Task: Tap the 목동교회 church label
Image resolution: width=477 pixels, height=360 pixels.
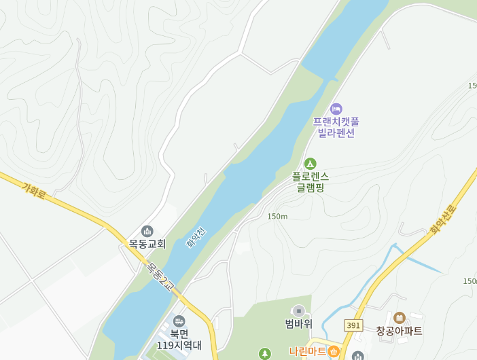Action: [x=147, y=243]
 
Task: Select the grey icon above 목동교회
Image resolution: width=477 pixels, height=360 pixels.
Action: [x=147, y=231]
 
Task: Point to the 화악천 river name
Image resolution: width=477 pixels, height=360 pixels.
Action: [x=196, y=237]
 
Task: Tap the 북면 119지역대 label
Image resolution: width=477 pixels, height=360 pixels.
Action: [x=179, y=339]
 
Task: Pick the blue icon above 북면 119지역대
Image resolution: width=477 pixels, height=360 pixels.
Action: [x=179, y=321]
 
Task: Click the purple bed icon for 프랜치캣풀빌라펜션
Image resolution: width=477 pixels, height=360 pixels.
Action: [x=336, y=109]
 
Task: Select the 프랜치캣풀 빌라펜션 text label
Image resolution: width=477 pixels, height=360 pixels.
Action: [x=336, y=127]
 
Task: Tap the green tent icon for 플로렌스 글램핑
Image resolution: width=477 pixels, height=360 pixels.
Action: [x=310, y=164]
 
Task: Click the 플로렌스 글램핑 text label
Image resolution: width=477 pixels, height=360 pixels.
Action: [x=310, y=181]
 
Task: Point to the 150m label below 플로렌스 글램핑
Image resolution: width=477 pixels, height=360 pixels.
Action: [x=277, y=216]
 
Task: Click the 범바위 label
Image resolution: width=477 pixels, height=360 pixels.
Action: [x=298, y=323]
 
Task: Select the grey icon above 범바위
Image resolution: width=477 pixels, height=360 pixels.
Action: [x=298, y=310]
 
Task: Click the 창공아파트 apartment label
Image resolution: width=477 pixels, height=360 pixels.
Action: [x=399, y=331]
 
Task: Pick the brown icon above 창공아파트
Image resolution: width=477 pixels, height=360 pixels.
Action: [x=399, y=317]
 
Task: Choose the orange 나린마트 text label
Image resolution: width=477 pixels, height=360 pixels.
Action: [x=307, y=351]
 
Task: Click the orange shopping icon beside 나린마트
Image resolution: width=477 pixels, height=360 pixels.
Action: [x=334, y=351]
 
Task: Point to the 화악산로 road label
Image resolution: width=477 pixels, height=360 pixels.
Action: [x=443, y=219]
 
